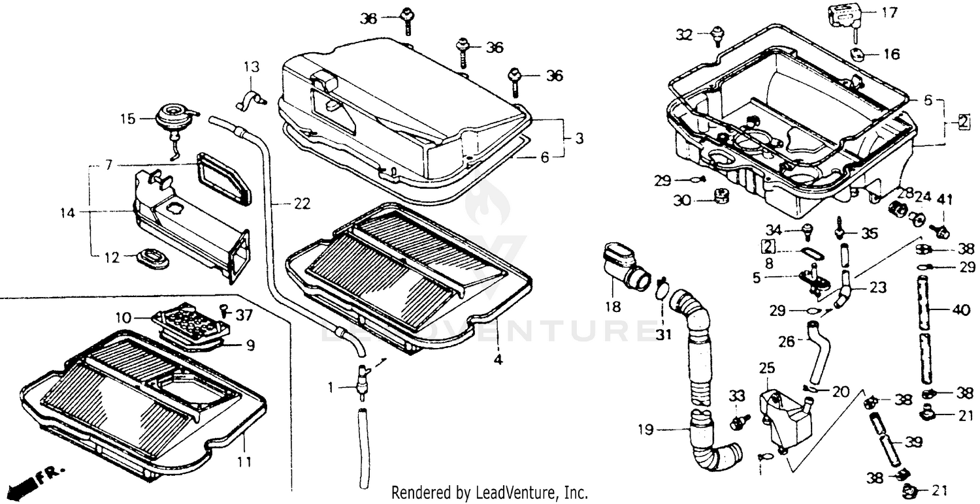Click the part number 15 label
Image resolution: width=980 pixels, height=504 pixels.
click(128, 119)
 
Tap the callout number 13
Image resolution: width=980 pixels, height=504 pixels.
click(252, 67)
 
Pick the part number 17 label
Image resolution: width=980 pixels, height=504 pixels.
click(890, 12)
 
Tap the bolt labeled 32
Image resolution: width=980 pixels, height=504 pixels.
click(719, 34)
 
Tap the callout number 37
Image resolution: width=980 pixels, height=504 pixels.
click(244, 316)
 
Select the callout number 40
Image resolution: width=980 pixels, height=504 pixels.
click(961, 311)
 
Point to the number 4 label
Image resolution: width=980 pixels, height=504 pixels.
click(498, 359)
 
